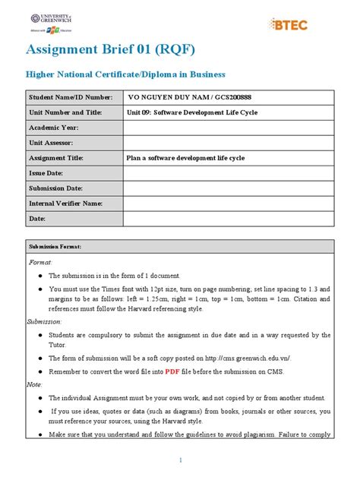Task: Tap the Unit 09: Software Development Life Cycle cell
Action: tap(192, 112)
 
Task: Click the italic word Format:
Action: tap(39, 261)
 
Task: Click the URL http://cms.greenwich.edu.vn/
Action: tap(242, 358)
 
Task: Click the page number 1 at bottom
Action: tap(180, 461)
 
